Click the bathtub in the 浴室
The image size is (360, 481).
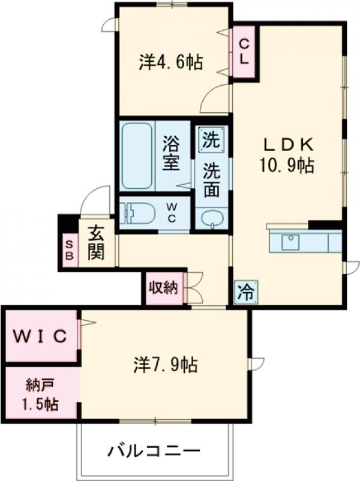(137, 155)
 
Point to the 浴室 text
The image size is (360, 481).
(172, 153)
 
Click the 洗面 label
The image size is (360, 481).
(211, 180)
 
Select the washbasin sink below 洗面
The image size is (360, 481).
(211, 218)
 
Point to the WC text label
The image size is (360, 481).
(171, 214)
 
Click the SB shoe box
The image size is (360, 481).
(68, 249)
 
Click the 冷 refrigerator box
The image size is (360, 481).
(244, 293)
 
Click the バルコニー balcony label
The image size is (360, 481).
(154, 450)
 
